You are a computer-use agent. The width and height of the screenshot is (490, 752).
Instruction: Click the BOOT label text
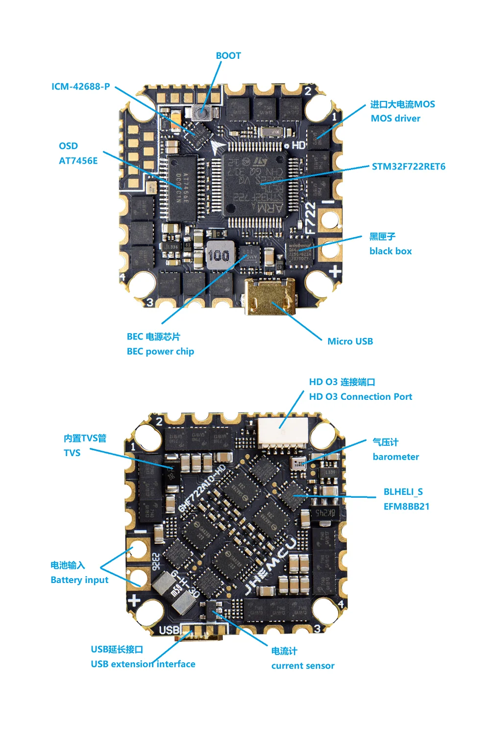228,56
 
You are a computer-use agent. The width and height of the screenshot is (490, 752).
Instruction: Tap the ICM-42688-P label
81,87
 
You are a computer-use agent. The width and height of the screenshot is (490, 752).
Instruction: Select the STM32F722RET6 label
408,167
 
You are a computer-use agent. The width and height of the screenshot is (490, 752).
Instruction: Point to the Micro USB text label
350,341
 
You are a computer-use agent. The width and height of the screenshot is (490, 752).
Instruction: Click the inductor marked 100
219,255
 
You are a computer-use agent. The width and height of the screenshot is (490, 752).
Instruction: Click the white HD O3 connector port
283,433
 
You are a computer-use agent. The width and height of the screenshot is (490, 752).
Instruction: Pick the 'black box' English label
391,251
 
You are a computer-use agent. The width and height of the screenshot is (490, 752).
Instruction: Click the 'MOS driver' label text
395,119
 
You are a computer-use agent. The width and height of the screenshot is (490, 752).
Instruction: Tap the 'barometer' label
395,457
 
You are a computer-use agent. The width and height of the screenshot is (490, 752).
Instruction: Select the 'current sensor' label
303,666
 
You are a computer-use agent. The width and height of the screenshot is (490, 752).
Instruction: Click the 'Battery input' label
79,580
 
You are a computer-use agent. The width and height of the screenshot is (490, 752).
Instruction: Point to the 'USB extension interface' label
143,664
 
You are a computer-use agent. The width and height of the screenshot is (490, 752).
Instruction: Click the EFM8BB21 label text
406,507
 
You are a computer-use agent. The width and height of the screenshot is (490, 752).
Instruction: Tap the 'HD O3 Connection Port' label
360,397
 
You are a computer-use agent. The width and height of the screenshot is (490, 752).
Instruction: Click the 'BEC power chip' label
160,352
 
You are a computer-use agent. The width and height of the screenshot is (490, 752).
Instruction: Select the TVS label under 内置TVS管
72,453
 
